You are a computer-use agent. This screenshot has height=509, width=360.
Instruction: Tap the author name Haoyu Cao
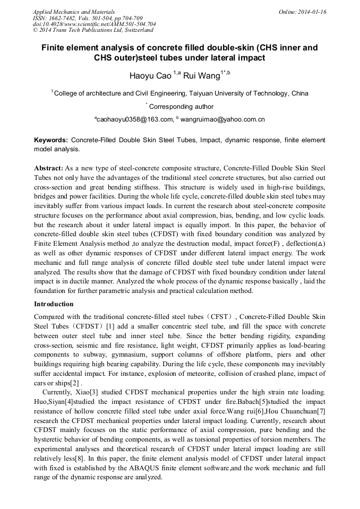(x=150, y=76)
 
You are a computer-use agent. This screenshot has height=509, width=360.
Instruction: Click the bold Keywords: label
(x=51, y=140)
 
